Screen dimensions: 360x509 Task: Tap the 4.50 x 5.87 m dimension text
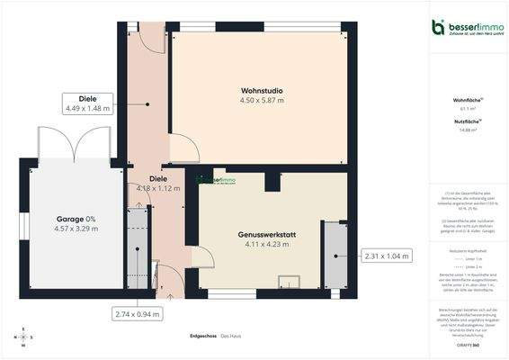(x=262, y=101)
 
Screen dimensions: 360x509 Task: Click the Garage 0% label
(x=76, y=219)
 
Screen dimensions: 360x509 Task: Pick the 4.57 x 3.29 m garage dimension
(x=76, y=229)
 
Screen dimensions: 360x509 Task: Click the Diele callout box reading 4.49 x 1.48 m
(x=87, y=103)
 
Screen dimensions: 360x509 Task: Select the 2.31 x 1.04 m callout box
(x=385, y=256)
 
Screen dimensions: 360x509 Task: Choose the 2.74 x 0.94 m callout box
(x=137, y=314)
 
